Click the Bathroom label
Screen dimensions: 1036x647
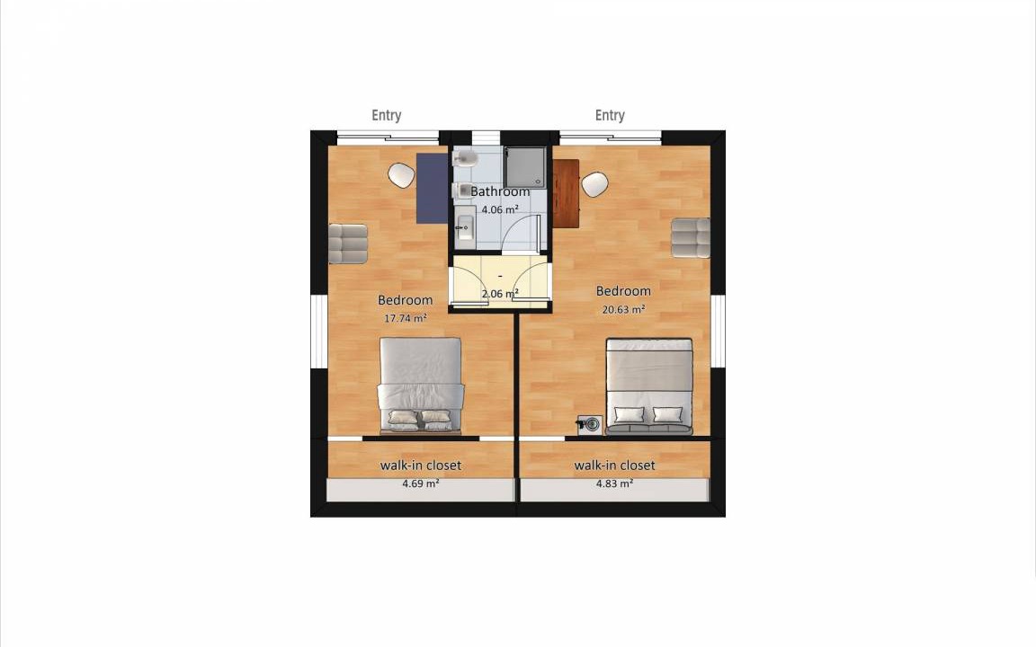500,191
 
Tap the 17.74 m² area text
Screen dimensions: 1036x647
405,317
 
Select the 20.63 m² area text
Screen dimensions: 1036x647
624,308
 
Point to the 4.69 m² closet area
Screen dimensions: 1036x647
421,483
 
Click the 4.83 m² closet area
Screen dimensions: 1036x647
614,483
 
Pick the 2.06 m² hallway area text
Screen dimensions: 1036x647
500,293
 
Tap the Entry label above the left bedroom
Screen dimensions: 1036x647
387,116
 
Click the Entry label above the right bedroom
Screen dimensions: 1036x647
610,116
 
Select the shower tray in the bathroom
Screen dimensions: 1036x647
525,168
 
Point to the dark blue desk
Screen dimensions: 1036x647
432,188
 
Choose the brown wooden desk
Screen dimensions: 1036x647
567,193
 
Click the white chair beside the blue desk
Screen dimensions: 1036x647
401,175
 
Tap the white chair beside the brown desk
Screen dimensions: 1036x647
594,184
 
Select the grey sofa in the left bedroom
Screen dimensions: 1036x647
348,244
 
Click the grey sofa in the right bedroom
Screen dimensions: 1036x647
691,237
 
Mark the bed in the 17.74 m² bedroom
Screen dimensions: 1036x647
420,386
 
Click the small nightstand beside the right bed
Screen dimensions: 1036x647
589,424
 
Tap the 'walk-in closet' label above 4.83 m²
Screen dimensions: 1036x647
614,465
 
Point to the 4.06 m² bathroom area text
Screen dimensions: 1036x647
500,209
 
